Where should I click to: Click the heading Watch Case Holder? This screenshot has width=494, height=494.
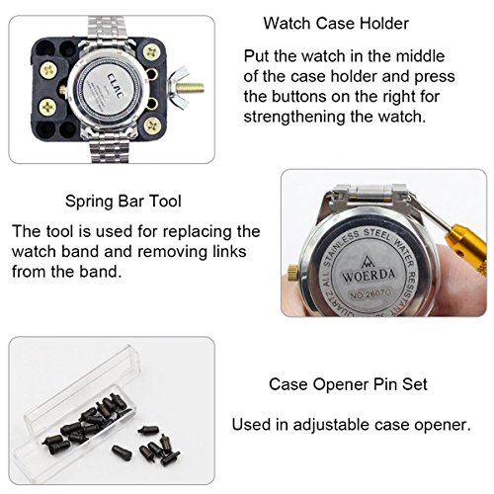[336, 24]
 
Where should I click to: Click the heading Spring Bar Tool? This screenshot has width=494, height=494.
[123, 201]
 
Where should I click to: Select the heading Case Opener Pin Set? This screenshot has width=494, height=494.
[348, 384]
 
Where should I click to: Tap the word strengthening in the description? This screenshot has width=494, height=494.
[293, 117]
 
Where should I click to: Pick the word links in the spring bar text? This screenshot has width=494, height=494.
[229, 252]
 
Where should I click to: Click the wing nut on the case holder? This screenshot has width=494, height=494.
[178, 87]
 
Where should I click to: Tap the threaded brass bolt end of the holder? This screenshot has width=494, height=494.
[190, 88]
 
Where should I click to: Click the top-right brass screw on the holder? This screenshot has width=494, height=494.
[151, 52]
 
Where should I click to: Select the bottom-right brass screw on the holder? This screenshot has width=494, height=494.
[153, 125]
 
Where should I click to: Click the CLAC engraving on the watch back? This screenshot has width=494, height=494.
[116, 86]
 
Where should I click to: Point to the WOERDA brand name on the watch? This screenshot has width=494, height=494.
[369, 276]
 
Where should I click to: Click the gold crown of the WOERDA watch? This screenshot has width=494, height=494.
[293, 273]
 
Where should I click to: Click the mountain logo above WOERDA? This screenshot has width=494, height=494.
[367, 262]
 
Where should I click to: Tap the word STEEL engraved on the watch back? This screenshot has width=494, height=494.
[377, 234]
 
